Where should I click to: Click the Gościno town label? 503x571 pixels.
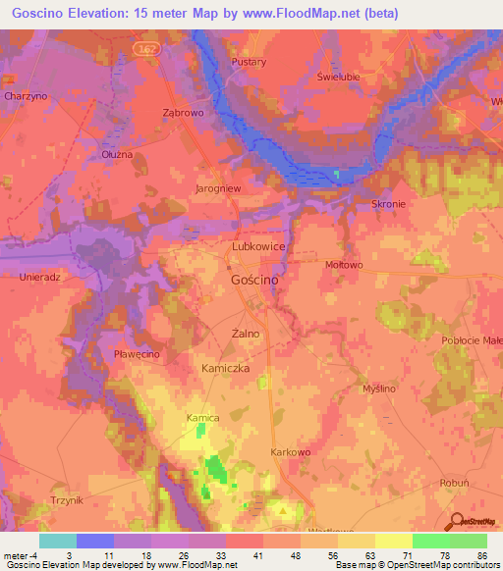coord(253,280)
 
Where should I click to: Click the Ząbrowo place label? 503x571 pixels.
coord(183,112)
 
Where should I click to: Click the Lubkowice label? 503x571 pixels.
coord(258,248)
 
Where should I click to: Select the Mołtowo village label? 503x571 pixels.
coord(344,264)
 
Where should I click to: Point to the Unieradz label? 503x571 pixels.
coord(40,277)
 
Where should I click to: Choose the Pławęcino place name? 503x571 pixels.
coord(137,353)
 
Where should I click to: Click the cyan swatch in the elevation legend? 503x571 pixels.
coord(58,541)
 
